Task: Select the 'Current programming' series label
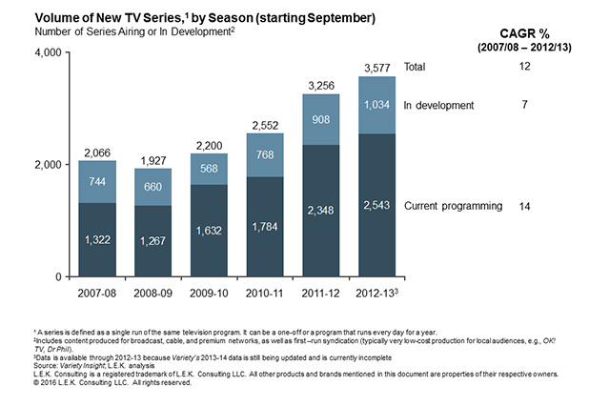pyautogui.click(x=453, y=206)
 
